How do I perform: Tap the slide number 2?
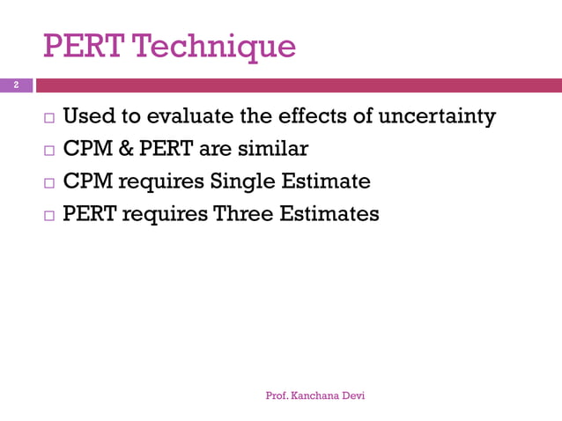point(15,85)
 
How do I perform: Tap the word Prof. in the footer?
point(279,396)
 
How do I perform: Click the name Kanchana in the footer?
point(318,396)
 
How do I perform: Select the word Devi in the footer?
point(354,396)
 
